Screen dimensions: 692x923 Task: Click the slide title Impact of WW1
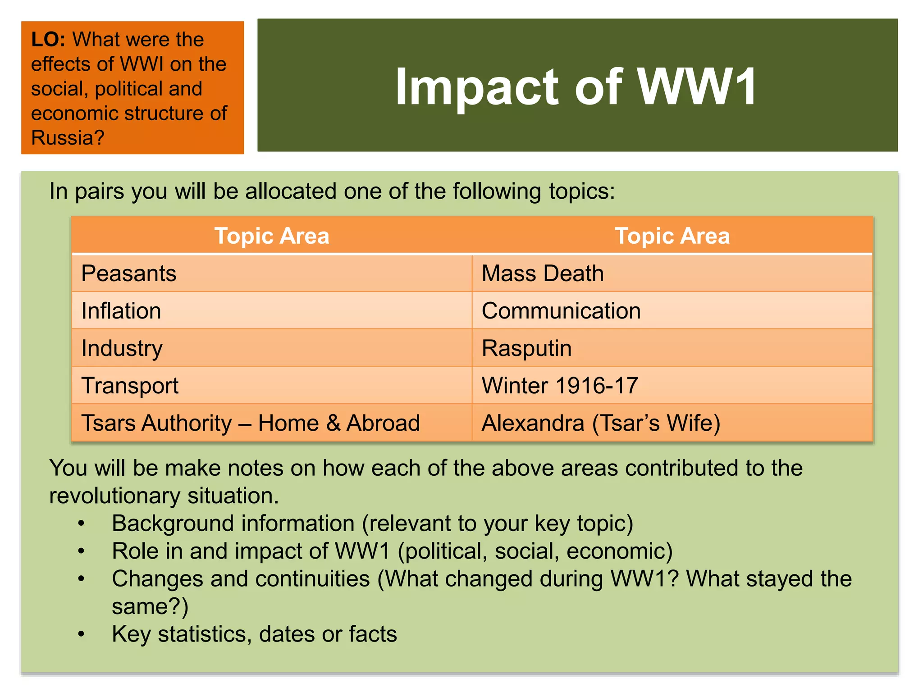pos(576,86)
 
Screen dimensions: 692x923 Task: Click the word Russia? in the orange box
pos(68,137)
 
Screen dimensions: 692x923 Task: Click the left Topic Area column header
pos(272,236)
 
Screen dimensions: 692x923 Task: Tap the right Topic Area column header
pos(672,236)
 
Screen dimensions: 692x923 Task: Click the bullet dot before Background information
pos(81,524)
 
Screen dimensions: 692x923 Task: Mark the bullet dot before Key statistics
pos(81,634)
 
